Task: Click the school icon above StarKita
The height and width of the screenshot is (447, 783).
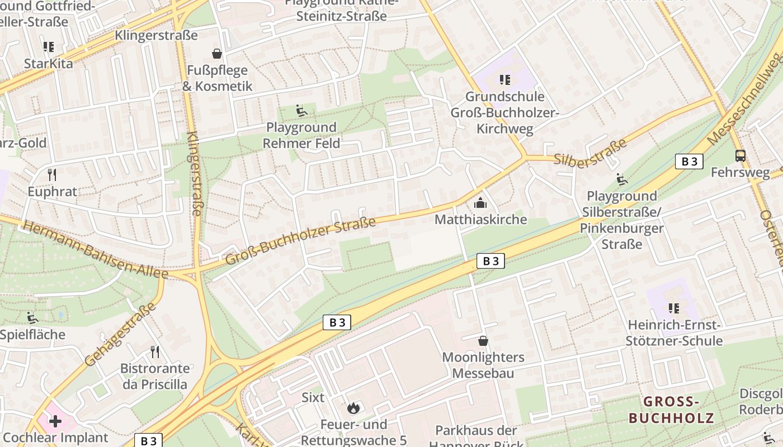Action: click(49, 47)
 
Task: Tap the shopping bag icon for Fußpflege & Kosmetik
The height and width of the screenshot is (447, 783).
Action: click(216, 54)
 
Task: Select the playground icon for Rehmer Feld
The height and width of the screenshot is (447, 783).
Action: click(301, 111)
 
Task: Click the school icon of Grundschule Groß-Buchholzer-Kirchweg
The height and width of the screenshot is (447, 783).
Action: click(505, 80)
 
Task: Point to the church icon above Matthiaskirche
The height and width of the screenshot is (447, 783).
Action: click(480, 203)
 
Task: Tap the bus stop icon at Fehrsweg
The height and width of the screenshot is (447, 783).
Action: click(740, 156)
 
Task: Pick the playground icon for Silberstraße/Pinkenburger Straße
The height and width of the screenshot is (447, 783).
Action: click(621, 179)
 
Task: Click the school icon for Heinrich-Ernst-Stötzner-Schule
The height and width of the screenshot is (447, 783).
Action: click(674, 308)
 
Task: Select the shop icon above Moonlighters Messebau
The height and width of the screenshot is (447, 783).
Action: click(483, 340)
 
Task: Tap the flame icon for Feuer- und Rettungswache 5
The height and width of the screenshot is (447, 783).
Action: click(353, 408)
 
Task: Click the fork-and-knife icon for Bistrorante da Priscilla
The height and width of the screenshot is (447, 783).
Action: click(155, 351)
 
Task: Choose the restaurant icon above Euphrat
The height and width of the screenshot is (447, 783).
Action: click(52, 175)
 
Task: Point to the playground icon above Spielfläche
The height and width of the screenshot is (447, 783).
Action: click(32, 318)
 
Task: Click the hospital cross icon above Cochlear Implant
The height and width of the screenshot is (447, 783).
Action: click(55, 421)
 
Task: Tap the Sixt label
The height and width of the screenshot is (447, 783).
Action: click(313, 397)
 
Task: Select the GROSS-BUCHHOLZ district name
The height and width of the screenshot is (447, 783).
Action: click(671, 410)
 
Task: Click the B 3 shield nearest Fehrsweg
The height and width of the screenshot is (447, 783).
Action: click(688, 161)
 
